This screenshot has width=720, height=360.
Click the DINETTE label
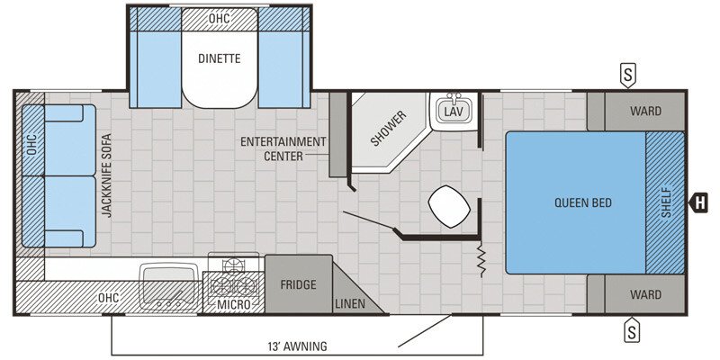pyautogui.click(x=220, y=59)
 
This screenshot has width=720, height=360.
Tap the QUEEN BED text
pyautogui.click(x=582, y=202)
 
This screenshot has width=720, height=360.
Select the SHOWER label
pyautogui.click(x=389, y=129)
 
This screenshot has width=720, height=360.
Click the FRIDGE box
pyautogui.click(x=298, y=285)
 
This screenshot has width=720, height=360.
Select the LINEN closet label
pyautogui.click(x=349, y=304)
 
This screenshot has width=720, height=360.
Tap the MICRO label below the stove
pyautogui.click(x=232, y=305)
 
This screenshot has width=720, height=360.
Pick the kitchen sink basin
pyautogui.click(x=168, y=276)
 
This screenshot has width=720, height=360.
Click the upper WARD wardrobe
pyautogui.click(x=645, y=112)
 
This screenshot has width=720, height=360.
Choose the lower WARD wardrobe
pyautogui.click(x=645, y=294)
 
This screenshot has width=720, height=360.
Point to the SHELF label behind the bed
pyautogui.click(x=666, y=202)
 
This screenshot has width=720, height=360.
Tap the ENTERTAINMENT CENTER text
pyautogui.click(x=283, y=148)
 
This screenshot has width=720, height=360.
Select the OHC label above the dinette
pyautogui.click(x=219, y=17)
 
